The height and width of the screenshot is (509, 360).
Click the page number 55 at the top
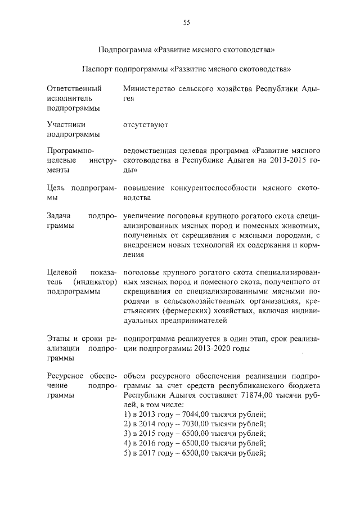(x=187, y=22)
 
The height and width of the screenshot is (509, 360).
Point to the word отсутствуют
(x=145, y=124)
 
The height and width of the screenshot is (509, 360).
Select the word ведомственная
(x=150, y=151)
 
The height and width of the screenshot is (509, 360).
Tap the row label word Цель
(x=57, y=188)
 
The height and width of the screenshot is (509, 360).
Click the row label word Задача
(x=60, y=215)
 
